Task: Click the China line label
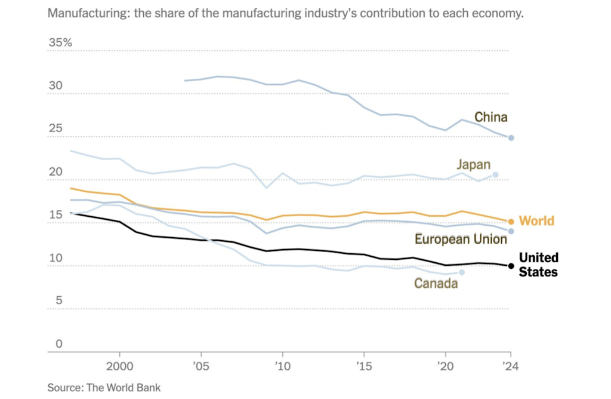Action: [490, 117]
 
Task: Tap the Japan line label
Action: [474, 164]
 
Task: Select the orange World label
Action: [536, 222]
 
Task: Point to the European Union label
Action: [461, 240]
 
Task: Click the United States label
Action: [538, 265]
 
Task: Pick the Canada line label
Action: [436, 283]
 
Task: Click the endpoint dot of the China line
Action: [511, 138]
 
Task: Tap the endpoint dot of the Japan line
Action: [495, 175]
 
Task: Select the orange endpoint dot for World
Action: [511, 222]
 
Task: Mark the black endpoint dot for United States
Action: [511, 266]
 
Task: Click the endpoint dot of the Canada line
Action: [462, 272]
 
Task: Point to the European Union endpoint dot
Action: [511, 231]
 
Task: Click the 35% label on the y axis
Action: [60, 43]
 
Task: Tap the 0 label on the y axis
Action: [59, 344]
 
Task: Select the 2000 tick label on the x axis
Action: [119, 365]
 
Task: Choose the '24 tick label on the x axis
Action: [510, 365]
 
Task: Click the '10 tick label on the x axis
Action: [282, 365]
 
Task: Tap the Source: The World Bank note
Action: [104, 388]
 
